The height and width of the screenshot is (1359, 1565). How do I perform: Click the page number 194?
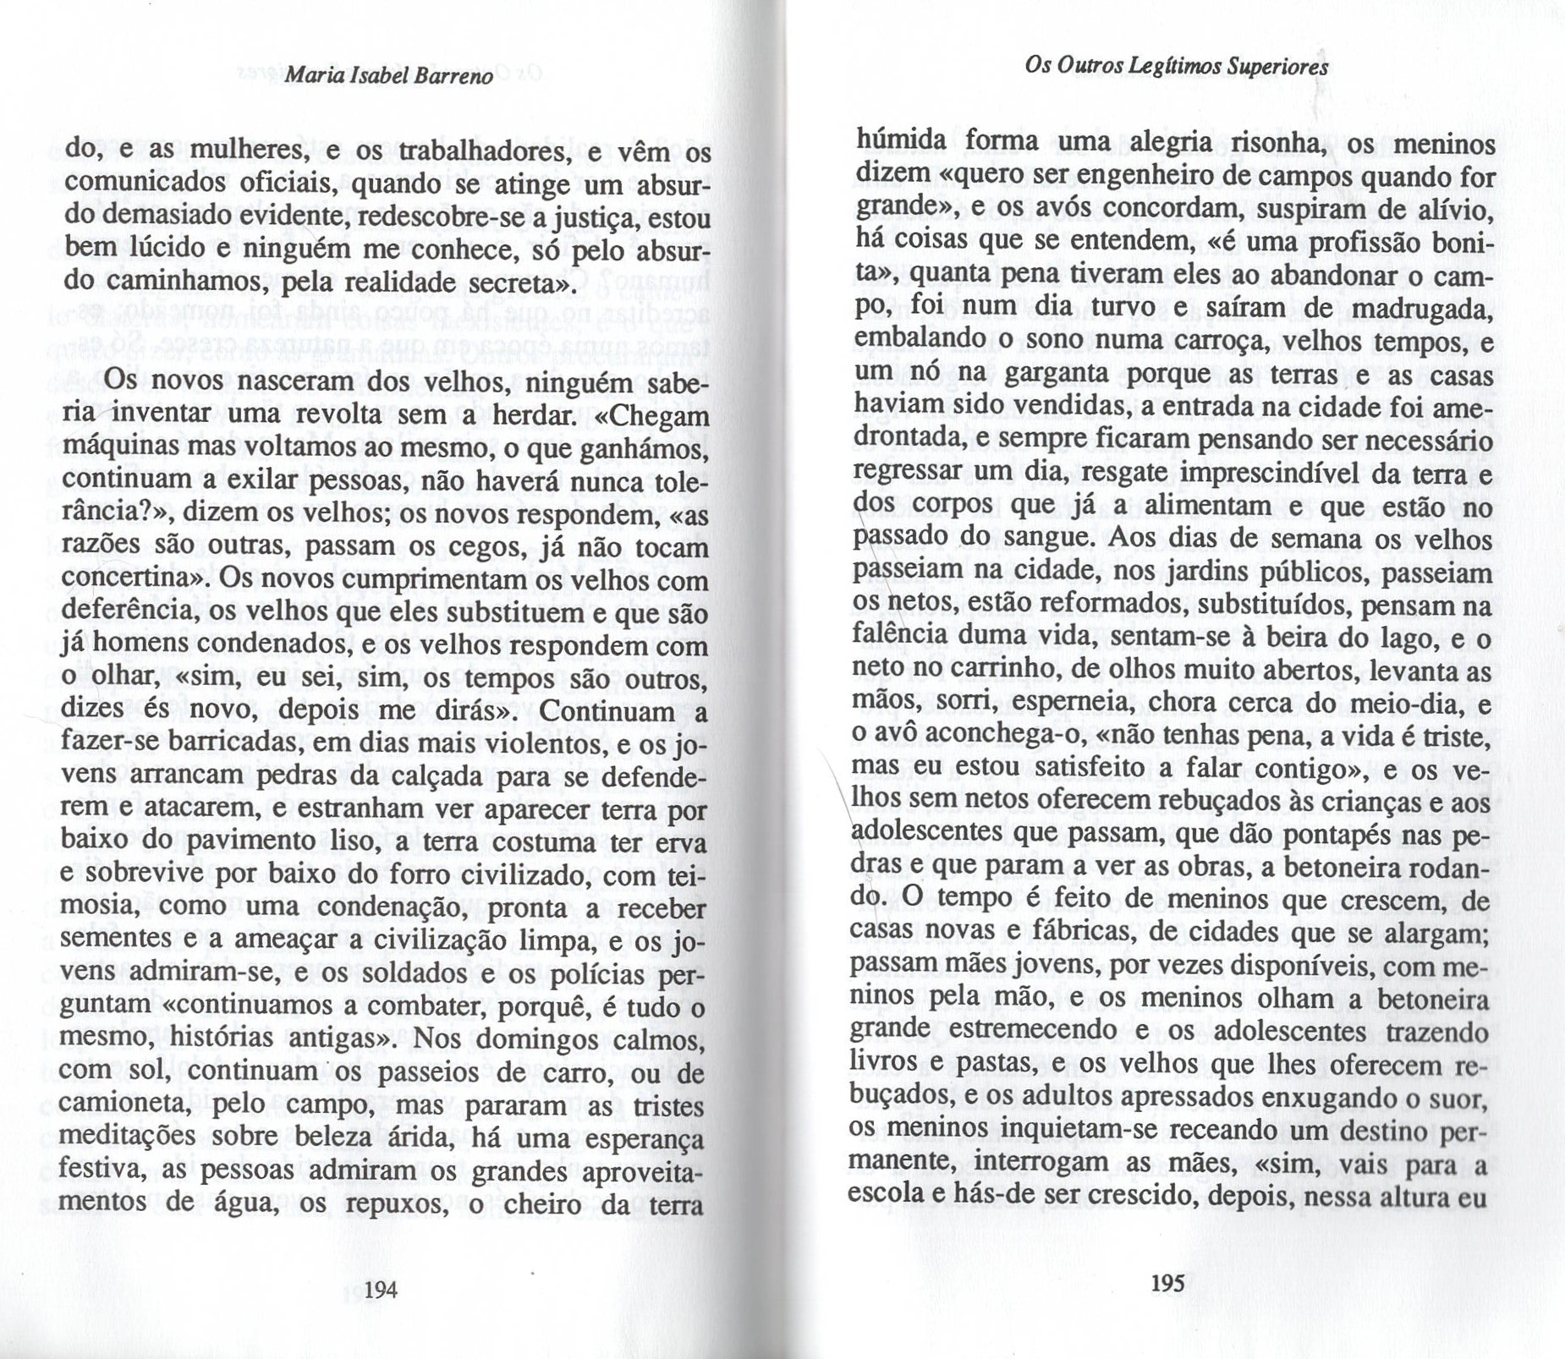[381, 1289]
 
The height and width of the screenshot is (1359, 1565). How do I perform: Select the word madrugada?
[1420, 309]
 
